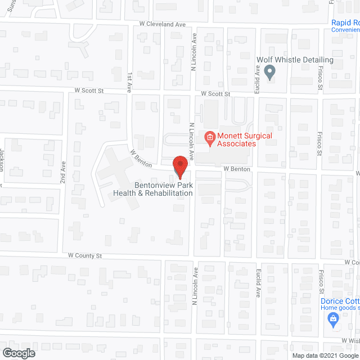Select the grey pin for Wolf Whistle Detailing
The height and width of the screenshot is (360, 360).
pos(269,71)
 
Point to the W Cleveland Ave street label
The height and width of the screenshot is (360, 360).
pos(163,25)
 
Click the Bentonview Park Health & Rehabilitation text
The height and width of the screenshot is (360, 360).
pos(153,188)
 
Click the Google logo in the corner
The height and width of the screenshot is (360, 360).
pos(18,353)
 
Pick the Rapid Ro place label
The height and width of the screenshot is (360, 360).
pos(344,23)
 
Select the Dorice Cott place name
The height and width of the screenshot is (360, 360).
pos(340,301)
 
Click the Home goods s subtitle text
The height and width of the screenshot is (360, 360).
pos(340,308)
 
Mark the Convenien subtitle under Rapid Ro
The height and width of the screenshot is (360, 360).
pos(345,30)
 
